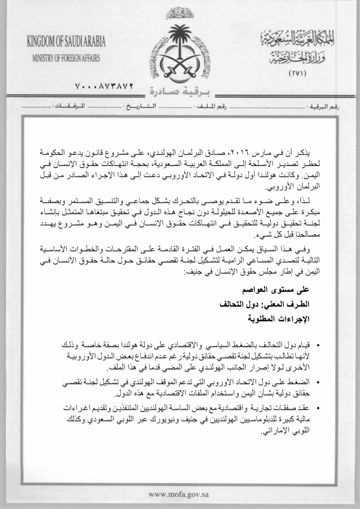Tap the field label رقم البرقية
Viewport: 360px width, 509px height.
(x=324, y=107)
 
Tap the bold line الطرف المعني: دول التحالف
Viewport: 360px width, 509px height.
(x=267, y=304)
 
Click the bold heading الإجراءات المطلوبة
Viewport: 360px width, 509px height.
(x=278, y=319)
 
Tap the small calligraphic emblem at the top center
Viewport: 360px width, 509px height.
(x=180, y=12)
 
